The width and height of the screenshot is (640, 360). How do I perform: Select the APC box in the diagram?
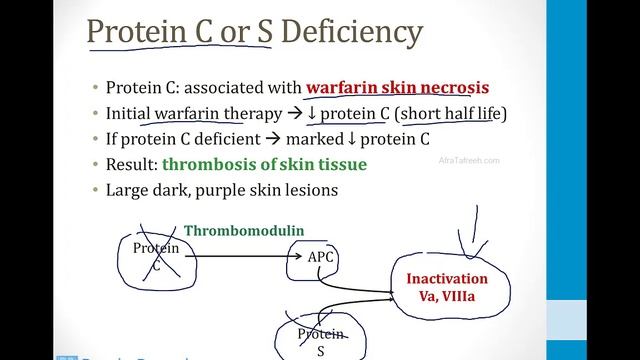(320, 258)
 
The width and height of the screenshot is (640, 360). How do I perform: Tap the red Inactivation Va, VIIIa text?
(454, 286)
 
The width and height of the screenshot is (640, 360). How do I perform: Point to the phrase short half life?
(452, 113)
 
